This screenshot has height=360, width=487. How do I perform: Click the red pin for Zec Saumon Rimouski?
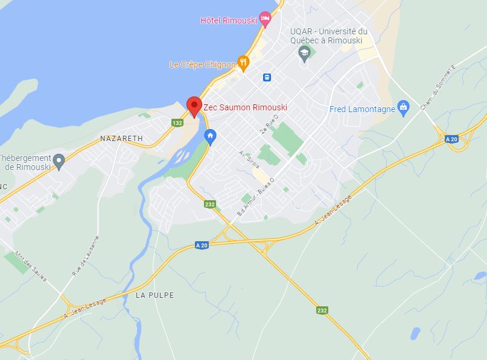pos(194,106)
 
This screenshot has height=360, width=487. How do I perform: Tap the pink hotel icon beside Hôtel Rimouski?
pos(264,19)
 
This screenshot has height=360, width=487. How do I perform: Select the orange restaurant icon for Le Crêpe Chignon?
pos(243,62)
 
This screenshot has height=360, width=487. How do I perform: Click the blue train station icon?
pos(266,77)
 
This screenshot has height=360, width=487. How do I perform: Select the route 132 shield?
pos(177,122)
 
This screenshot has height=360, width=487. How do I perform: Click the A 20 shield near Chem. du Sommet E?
pos(451,139)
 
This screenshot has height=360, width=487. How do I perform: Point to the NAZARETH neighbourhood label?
pos(121,138)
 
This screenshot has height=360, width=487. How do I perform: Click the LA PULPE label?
pos(154,295)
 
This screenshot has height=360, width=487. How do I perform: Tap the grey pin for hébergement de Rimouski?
pos(59,160)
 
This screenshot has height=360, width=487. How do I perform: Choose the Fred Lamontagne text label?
pos(362,109)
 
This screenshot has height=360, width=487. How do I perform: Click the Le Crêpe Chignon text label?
pos(202,65)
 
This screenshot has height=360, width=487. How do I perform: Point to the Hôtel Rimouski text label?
pos(228,21)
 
